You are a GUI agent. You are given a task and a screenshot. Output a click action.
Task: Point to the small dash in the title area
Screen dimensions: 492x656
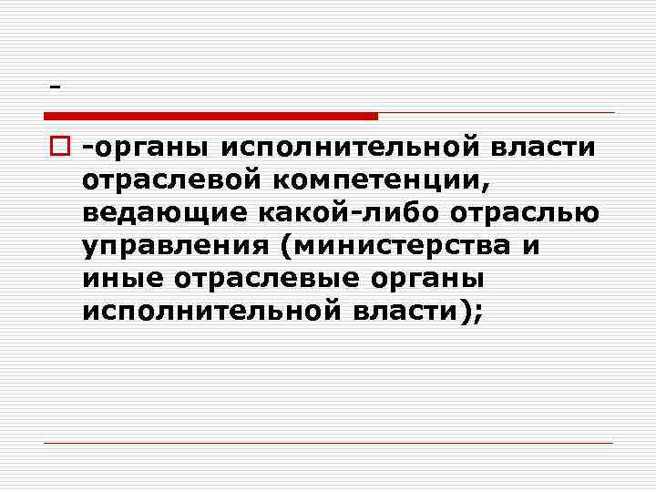(56, 87)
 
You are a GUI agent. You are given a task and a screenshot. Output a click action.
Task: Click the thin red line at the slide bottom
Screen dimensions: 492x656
(328, 443)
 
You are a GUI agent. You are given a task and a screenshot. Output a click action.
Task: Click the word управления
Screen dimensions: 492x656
(165, 246)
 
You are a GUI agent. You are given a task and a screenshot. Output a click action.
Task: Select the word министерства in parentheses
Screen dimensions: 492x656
(402, 246)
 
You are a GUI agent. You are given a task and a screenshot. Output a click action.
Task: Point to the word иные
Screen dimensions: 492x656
(113, 279)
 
